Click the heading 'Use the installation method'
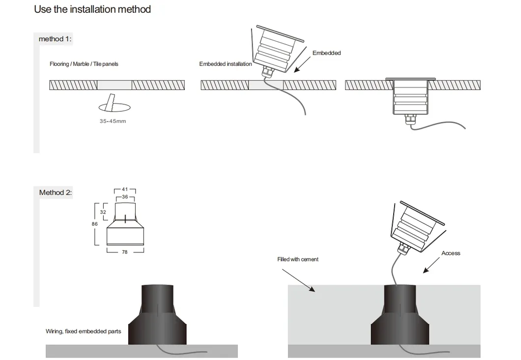[x=92, y=9]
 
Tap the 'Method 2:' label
[x=56, y=192]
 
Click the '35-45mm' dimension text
[x=113, y=121]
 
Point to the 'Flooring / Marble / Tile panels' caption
[x=84, y=64]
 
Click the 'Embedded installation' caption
[x=226, y=64]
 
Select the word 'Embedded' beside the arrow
[x=326, y=53]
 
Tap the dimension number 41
[x=125, y=189]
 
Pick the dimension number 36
[x=125, y=197]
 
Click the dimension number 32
[x=103, y=212]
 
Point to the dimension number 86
[x=94, y=224]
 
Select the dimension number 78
[x=125, y=252]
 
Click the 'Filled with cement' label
[x=298, y=259]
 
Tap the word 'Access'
[x=451, y=253]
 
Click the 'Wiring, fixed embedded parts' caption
[x=84, y=331]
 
